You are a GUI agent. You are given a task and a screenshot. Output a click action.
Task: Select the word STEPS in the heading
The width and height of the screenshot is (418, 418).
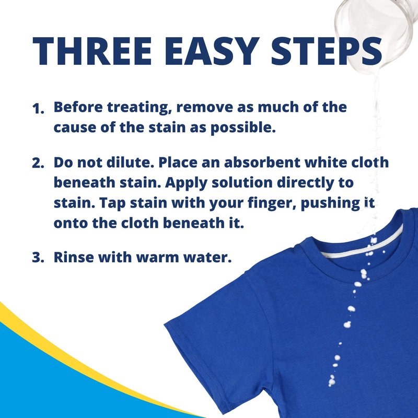point(327,51)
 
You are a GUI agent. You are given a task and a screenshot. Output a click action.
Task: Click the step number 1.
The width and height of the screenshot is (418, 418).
point(38,109)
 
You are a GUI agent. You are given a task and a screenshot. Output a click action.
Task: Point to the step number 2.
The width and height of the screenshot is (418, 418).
point(38,163)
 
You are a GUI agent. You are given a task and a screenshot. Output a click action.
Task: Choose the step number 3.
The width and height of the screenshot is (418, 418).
point(38,258)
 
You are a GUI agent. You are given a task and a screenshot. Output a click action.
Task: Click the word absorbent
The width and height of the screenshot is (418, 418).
point(262,162)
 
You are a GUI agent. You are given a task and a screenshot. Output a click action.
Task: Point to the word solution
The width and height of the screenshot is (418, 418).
point(242,183)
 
